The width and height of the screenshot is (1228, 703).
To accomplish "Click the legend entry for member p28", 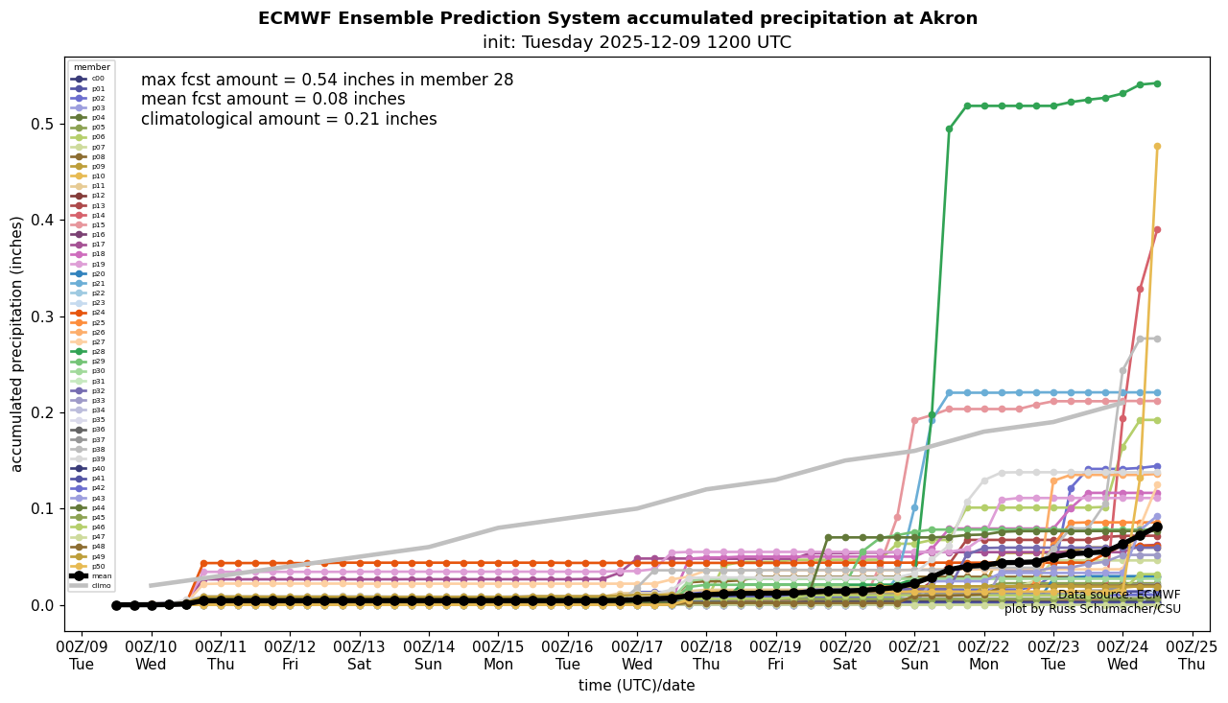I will pos(92,351).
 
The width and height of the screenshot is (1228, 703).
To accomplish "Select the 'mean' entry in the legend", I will pos(92,575).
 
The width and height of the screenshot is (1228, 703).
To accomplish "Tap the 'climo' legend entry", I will pos(92,585).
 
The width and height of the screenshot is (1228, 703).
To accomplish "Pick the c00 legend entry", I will pos(92,78).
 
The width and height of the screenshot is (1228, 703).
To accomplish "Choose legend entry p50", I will pos(92,566).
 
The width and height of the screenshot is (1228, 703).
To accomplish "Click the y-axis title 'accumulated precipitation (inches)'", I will pos(17,343).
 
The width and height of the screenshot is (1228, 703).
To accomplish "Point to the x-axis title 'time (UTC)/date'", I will pos(636,686).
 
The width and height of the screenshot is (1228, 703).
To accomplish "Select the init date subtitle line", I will pos(636,42).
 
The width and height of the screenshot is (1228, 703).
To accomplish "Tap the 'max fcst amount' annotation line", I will pos(327,81).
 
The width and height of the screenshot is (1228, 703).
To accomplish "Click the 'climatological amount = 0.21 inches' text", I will pos(289,120).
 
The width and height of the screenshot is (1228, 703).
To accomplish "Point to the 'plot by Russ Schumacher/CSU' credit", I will pos(1092,609).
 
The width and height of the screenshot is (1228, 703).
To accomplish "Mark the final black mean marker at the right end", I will pos(1157,527).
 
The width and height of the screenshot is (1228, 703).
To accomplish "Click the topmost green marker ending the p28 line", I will pos(1157,83).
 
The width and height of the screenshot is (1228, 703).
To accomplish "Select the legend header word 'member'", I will pos(91,67).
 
